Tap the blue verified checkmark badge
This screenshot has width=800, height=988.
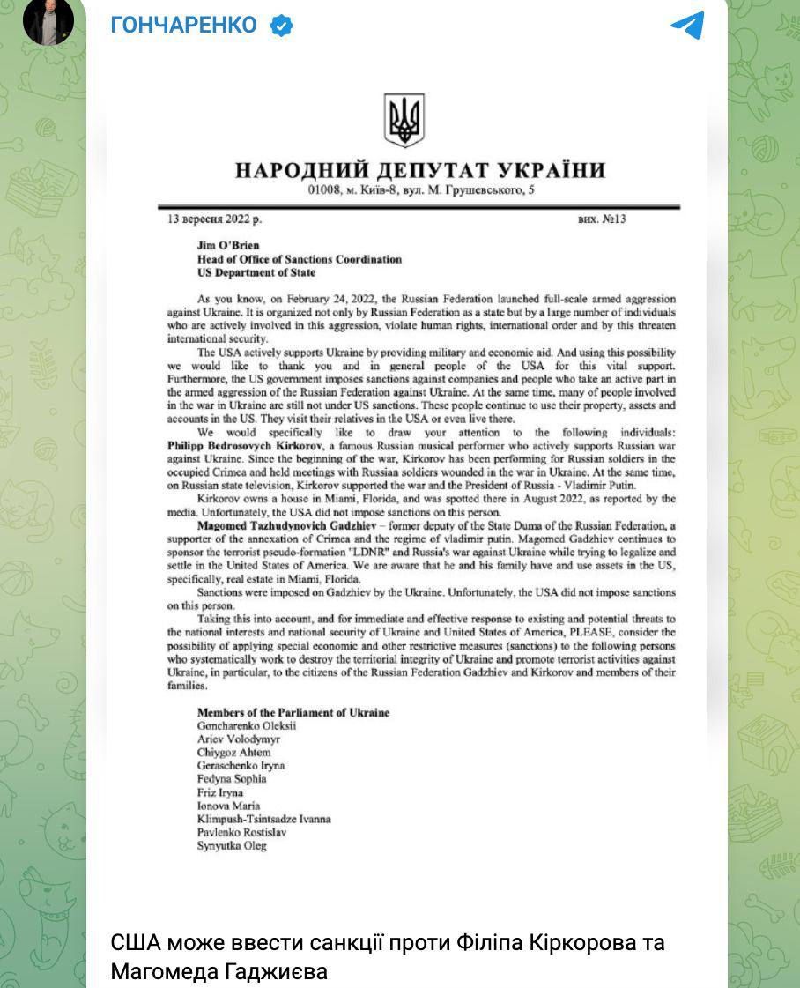(x=280, y=26)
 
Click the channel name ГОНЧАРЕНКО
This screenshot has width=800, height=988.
(x=184, y=26)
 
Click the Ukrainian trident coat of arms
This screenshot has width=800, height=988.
(x=404, y=121)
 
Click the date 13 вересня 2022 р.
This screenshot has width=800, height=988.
(x=215, y=219)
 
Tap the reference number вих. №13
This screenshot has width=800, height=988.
(x=602, y=219)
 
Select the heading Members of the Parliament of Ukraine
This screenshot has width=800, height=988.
(x=293, y=712)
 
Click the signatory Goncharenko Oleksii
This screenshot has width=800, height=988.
(x=247, y=726)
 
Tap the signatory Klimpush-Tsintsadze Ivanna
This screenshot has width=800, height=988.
(x=263, y=819)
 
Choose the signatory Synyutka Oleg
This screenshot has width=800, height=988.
(x=231, y=846)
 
